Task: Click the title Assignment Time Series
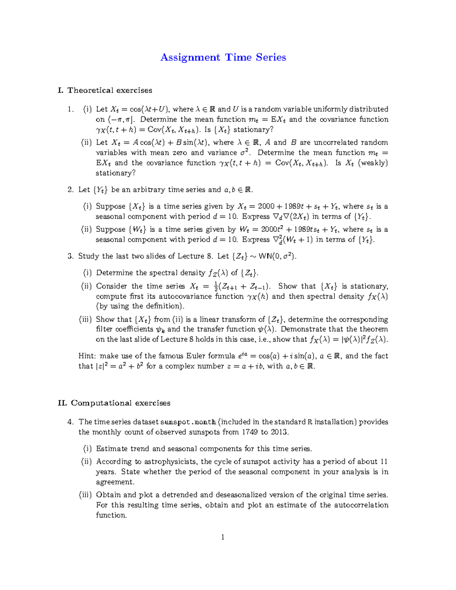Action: [x=223, y=57]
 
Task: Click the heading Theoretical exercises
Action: [x=109, y=90]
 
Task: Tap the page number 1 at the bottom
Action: [x=223, y=537]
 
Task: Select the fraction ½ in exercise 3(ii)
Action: [x=216, y=286]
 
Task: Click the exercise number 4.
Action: [x=70, y=422]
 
